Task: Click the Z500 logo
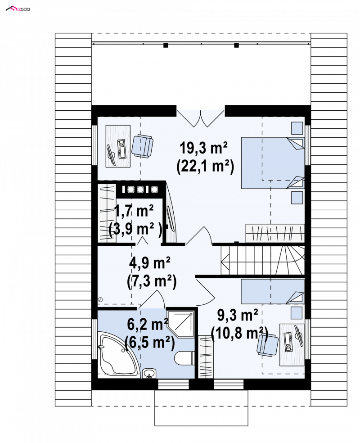18,9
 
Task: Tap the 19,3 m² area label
203,148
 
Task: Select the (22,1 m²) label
205,167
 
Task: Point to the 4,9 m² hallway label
150,263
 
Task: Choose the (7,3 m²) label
152,281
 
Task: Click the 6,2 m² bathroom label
148,324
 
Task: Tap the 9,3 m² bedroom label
238,315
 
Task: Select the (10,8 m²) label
239,334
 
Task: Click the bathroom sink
149,373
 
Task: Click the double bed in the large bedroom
273,163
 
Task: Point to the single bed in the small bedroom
273,291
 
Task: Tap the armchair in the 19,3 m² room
142,145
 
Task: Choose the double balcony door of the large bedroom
200,118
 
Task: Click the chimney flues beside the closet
139,189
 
